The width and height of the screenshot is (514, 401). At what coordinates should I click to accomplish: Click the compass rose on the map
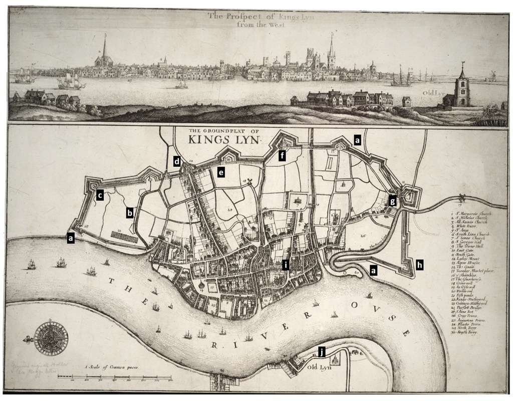tap(50, 337)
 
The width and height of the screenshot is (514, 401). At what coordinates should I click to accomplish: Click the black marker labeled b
tap(130, 213)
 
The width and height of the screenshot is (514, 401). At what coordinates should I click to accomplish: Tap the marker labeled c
tap(100, 195)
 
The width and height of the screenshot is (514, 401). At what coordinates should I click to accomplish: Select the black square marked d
tap(177, 161)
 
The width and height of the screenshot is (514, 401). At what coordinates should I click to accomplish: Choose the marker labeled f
tap(283, 156)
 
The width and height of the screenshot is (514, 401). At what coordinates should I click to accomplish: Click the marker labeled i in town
tap(286, 265)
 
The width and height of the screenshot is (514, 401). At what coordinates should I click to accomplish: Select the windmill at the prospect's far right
tap(491, 75)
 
